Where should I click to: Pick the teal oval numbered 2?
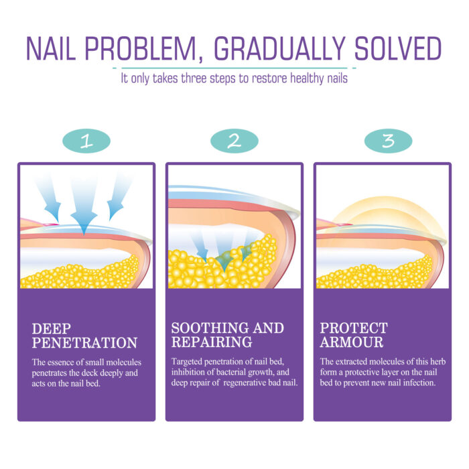pos(234,141)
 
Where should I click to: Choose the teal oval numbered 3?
pos(388,141)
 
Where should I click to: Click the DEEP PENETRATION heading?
pos(84,336)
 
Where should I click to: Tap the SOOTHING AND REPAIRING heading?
pos(227,335)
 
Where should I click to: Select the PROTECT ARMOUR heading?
pos(354,335)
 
